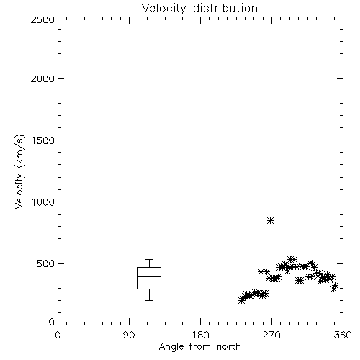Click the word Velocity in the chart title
pos(164,9)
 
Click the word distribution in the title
pos(225,8)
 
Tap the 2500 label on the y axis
pos(42,19)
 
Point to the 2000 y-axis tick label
pos(42,78)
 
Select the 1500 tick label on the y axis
pos(43,140)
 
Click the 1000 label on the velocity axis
pos(43,202)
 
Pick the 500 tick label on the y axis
pos(46,264)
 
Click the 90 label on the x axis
pos(129,335)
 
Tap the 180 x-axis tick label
pos(199,335)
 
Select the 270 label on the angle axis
pos(271,335)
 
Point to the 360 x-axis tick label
pos(343,335)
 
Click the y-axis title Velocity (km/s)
pos(19,171)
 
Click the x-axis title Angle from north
pos(199,347)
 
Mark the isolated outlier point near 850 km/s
pos(271,220)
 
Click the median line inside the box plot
pos(149,276)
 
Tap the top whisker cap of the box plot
pos(149,259)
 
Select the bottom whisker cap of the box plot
pos(149,300)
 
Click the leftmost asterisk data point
pos(242,300)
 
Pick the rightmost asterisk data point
pos(336,286)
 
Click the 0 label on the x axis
pos(58,335)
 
